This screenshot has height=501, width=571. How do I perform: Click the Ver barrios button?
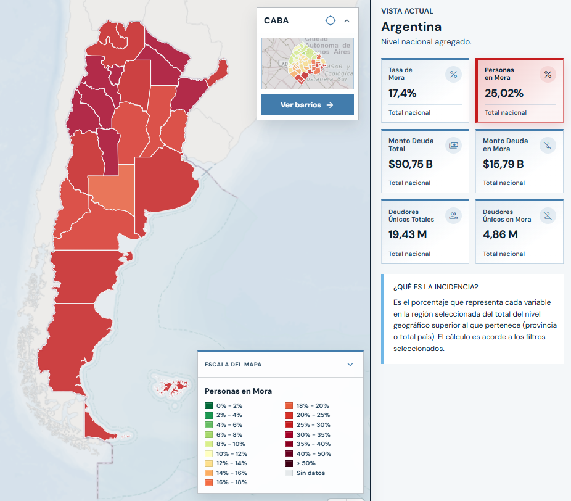tap(307, 104)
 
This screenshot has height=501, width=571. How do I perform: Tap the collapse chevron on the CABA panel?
tap(347, 21)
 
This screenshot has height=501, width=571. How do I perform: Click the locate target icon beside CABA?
tap(331, 20)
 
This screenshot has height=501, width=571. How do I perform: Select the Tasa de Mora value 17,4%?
tap(403, 93)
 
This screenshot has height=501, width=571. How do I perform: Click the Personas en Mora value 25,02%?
tap(504, 93)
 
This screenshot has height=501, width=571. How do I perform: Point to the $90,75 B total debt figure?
tap(411, 164)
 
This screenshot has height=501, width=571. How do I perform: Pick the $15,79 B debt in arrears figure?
tap(503, 164)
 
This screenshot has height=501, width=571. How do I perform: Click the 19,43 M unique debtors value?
tap(408, 234)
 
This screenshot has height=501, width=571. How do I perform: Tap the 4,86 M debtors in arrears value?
tap(500, 234)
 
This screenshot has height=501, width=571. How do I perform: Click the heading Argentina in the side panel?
tap(411, 27)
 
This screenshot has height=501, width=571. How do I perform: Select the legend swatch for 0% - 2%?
tap(208, 405)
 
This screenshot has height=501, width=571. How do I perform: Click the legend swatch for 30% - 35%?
tap(289, 435)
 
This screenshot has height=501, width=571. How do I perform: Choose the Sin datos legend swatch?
tap(289, 473)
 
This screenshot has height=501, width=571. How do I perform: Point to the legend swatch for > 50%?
tap(289, 463)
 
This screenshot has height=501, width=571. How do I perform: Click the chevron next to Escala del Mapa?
tap(350, 365)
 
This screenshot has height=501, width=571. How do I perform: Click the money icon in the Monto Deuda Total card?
tap(453, 145)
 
